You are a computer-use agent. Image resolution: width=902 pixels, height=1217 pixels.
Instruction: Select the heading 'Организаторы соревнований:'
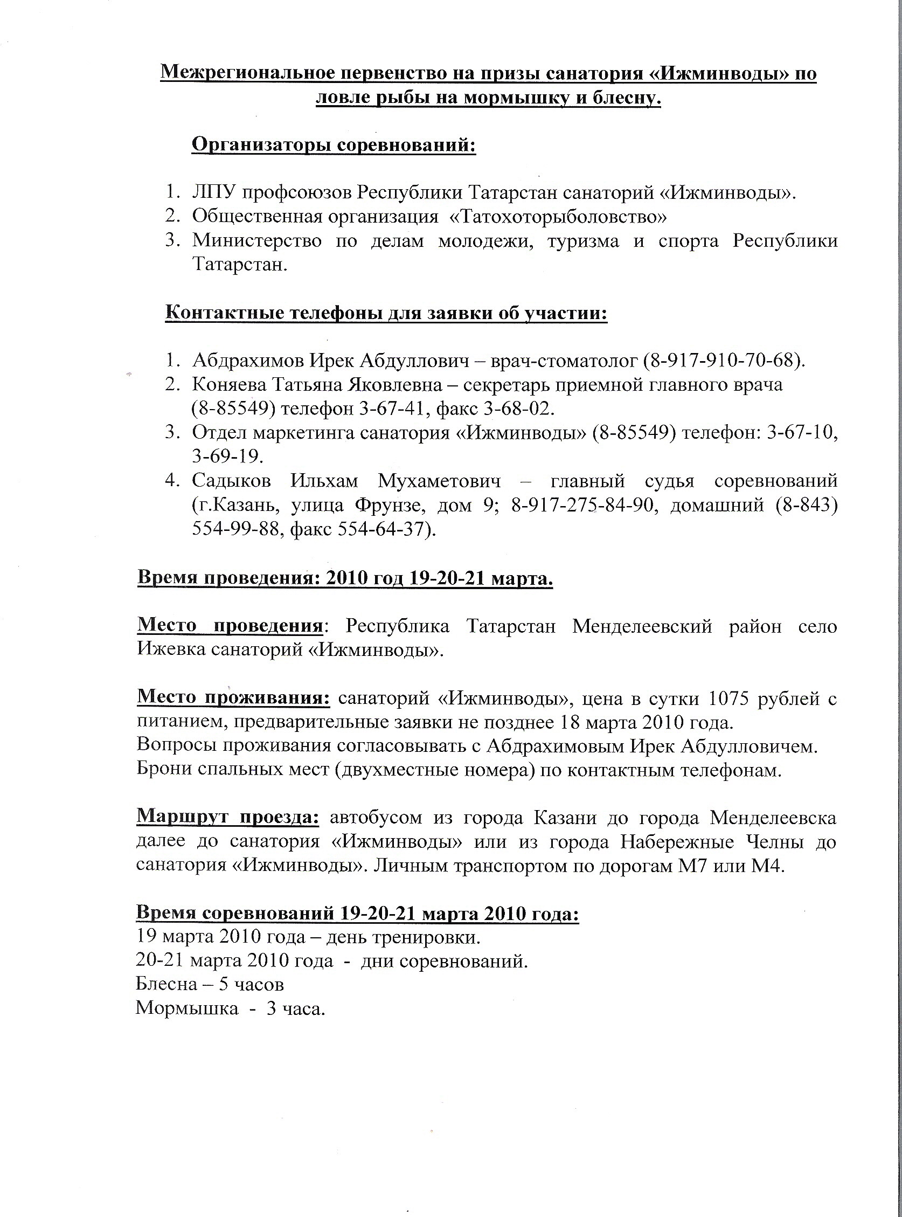(334, 146)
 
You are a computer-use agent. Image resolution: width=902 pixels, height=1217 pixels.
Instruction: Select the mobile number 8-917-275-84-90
(582, 504)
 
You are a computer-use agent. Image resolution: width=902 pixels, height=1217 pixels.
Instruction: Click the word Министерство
(256, 241)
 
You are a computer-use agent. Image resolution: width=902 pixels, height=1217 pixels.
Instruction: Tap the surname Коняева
(229, 385)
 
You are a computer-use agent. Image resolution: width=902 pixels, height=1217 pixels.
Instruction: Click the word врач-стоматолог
(564, 361)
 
